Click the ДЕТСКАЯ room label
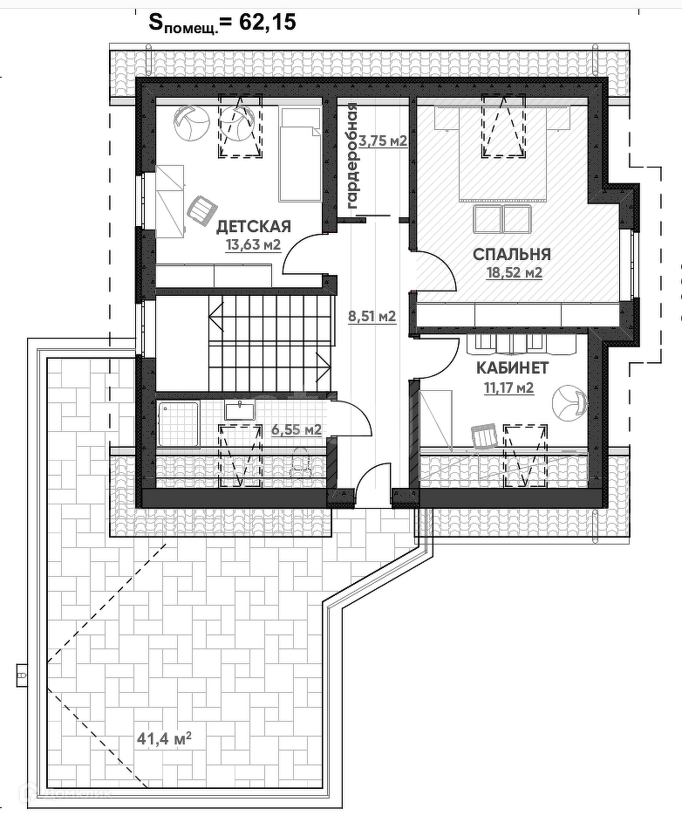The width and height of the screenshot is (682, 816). [x=253, y=226]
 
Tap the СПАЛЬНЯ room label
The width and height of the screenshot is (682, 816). [x=511, y=254]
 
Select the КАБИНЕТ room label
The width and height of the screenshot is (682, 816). [x=513, y=368]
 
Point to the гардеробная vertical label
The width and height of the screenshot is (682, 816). [x=352, y=156]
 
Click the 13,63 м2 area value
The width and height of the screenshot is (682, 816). [x=253, y=244]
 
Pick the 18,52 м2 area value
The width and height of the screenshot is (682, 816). [x=515, y=272]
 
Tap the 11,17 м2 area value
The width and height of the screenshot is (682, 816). [x=508, y=387]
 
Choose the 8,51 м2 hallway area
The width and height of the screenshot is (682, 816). [x=372, y=315]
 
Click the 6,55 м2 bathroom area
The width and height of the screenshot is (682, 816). [x=297, y=430]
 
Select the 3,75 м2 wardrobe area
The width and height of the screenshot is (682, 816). [x=384, y=141]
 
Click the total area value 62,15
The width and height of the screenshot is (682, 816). [x=268, y=22]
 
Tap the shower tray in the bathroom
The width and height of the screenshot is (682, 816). [x=178, y=424]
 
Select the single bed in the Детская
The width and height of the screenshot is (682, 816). [x=300, y=154]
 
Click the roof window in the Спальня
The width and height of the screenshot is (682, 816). [x=502, y=125]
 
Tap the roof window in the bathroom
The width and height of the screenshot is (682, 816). [x=240, y=456]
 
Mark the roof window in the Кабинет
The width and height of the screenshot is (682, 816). [x=525, y=456]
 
